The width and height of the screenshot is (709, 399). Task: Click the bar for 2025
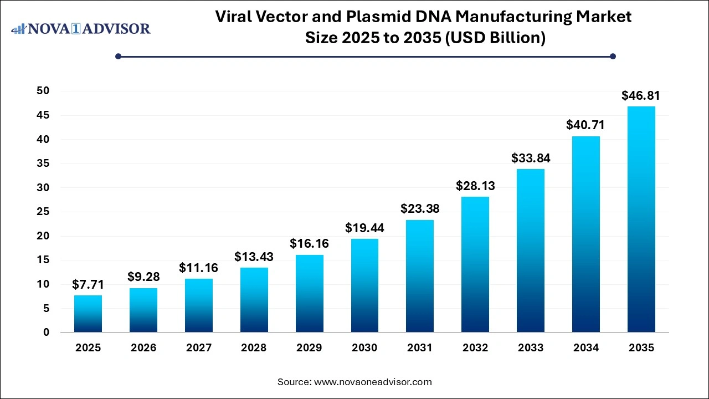[x=88, y=314]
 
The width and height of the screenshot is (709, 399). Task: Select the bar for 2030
[x=364, y=285]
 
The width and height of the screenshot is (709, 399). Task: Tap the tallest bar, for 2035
[x=641, y=219]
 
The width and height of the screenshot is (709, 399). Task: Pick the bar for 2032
[x=475, y=264]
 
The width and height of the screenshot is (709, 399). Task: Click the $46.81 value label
[x=641, y=96]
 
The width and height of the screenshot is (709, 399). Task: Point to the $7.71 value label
[x=88, y=285]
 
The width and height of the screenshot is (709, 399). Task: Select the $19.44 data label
[x=364, y=228]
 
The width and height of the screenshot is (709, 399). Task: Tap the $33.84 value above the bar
[x=531, y=158]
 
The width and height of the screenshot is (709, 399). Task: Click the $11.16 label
[x=198, y=268]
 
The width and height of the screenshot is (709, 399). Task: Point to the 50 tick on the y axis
[x=43, y=91]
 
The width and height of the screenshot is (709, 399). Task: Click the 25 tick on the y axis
[x=43, y=212]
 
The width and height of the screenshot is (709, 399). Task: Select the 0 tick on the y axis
[x=47, y=332]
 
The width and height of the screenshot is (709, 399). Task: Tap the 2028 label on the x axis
[x=254, y=348]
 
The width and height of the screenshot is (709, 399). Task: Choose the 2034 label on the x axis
[x=585, y=348]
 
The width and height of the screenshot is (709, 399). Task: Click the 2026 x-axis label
[x=143, y=348]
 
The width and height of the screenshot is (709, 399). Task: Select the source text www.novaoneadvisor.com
[x=373, y=382]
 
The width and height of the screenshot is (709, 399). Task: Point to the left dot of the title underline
[x=118, y=56]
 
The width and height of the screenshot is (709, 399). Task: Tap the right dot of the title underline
[x=613, y=56]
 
